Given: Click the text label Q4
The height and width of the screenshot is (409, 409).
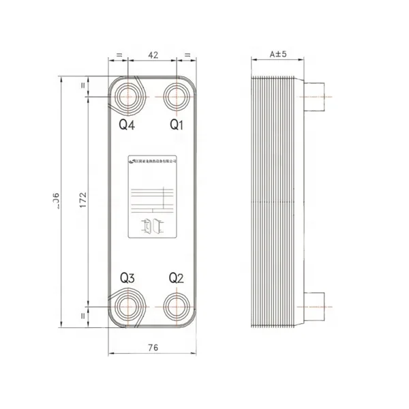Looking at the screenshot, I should click(x=127, y=125).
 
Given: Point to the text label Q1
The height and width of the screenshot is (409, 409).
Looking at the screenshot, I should click(x=177, y=125).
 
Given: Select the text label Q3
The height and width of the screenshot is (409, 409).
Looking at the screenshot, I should click(x=127, y=278).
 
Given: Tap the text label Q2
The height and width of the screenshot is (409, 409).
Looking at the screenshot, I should click(x=177, y=278).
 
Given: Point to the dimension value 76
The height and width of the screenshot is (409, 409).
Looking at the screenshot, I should click(x=153, y=348).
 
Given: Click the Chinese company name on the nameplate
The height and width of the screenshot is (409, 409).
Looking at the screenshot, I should click(x=154, y=161).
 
